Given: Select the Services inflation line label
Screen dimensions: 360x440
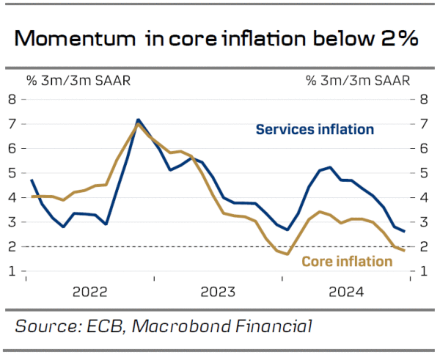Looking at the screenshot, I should (315, 130).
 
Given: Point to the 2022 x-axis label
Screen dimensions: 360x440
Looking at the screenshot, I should (90, 293).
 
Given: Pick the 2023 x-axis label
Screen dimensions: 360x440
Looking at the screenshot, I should (219, 293).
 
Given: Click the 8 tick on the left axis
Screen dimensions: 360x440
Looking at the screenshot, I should (12, 100).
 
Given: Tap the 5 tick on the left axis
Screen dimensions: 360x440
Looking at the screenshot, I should (12, 174).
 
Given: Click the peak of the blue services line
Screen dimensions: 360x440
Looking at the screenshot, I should (138, 120).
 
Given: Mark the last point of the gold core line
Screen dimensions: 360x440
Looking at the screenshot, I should (404, 251).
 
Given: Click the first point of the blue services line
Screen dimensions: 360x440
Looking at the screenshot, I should (32, 180).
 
